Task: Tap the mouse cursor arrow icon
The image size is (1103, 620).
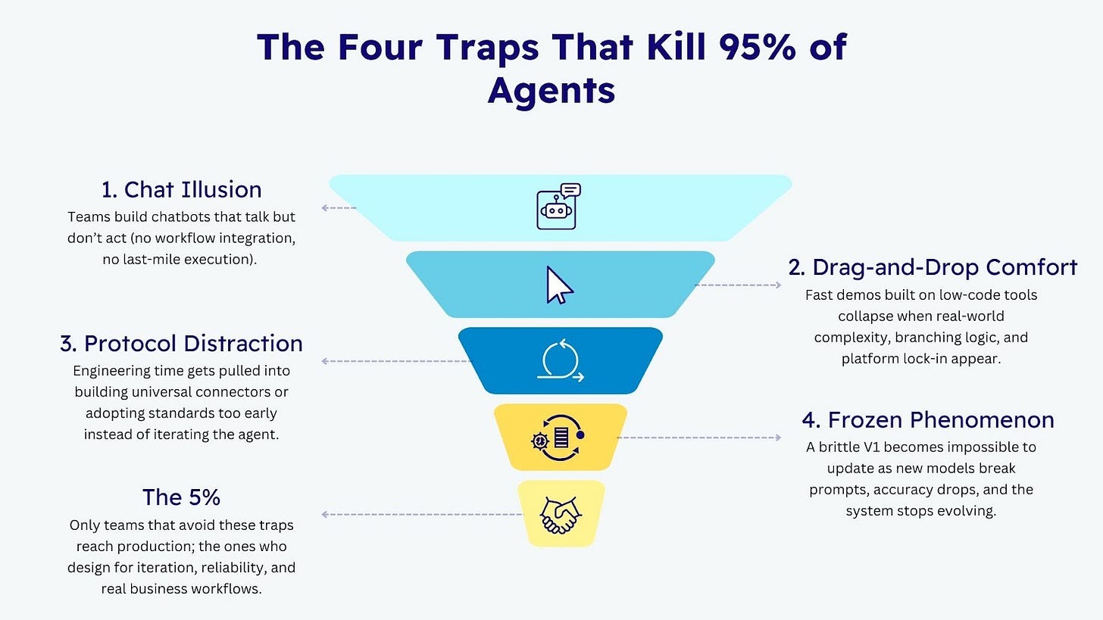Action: point(560,285)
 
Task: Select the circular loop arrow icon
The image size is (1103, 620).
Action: point(561,361)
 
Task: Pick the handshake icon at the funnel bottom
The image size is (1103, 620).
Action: point(560,515)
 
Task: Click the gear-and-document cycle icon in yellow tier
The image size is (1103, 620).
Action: point(560,438)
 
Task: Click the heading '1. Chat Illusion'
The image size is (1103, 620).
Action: point(182,189)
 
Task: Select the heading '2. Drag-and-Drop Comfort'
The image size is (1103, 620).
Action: point(933,267)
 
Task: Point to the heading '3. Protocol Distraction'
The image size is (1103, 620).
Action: point(181,343)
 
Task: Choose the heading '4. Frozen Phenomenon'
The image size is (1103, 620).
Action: point(928,419)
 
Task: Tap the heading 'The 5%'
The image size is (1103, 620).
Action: point(181,497)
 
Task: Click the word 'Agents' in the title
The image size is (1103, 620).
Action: point(551,90)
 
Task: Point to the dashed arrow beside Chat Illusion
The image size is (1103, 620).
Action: point(339,207)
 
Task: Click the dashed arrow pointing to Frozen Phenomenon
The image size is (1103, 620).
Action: point(698,438)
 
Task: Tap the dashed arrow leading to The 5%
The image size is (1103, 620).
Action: point(421,515)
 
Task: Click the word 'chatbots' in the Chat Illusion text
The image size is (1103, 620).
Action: point(186,217)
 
